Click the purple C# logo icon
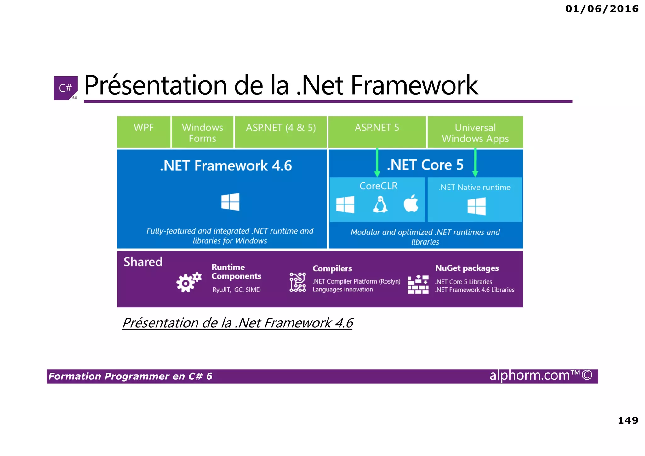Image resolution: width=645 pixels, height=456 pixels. [x=66, y=88]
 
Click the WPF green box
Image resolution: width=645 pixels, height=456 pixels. [x=144, y=132]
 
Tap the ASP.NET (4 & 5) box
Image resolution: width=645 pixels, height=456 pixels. [x=281, y=132]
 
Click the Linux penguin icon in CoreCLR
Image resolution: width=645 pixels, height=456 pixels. [x=380, y=204]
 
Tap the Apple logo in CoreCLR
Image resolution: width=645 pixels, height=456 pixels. [x=411, y=203]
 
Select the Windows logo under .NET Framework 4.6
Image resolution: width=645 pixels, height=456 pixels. [x=230, y=202]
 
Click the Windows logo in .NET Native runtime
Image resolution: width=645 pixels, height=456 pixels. [x=477, y=206]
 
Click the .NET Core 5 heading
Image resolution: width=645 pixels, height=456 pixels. [x=425, y=165]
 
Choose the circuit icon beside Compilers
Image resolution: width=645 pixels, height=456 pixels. [x=298, y=282]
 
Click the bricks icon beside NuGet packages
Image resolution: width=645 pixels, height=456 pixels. [x=418, y=284]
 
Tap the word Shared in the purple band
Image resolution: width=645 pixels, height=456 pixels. [x=143, y=262]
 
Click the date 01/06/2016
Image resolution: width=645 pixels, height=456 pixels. [x=602, y=9]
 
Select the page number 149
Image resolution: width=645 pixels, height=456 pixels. [x=628, y=420]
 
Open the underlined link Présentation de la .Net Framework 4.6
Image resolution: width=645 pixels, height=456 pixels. [x=237, y=323]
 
